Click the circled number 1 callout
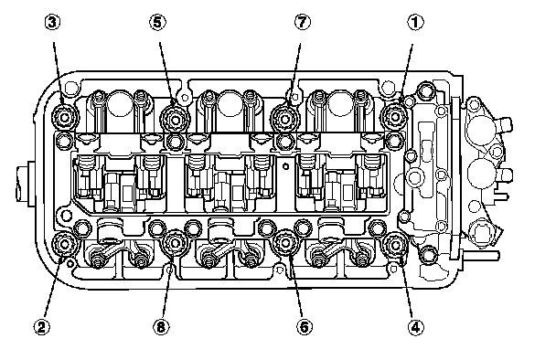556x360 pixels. pos(415,22)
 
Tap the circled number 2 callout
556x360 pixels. pos(42,327)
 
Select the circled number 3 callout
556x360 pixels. pos(52,22)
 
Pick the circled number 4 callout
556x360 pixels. pos(415,327)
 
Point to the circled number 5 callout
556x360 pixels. pos(157,22)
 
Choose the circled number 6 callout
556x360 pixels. pos(305,327)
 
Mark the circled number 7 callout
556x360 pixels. pos(302,22)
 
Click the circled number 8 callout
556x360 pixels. pos(161,327)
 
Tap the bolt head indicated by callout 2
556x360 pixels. pos(65,244)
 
